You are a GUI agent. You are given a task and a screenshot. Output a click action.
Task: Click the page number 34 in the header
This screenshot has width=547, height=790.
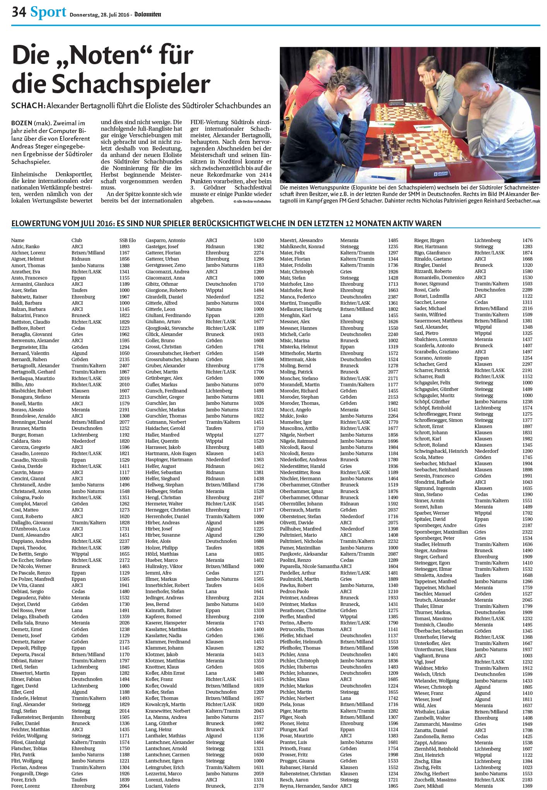(19, 13)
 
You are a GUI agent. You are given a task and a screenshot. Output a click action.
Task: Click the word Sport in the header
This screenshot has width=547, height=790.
(48, 12)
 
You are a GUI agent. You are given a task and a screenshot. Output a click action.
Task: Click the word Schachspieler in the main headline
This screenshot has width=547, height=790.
(111, 83)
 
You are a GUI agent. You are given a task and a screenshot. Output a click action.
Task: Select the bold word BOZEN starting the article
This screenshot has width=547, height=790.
(22, 123)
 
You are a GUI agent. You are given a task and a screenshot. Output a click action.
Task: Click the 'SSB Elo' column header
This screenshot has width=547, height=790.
(128, 240)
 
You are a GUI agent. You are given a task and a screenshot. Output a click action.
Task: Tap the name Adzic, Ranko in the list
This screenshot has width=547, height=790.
(25, 246)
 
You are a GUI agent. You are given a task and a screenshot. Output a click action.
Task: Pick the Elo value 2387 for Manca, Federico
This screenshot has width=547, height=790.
(393, 297)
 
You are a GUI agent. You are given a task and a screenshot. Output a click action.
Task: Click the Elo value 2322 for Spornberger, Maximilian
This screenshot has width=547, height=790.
(527, 532)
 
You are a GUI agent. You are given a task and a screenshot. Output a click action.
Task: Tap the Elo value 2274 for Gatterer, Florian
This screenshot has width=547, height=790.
(259, 253)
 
